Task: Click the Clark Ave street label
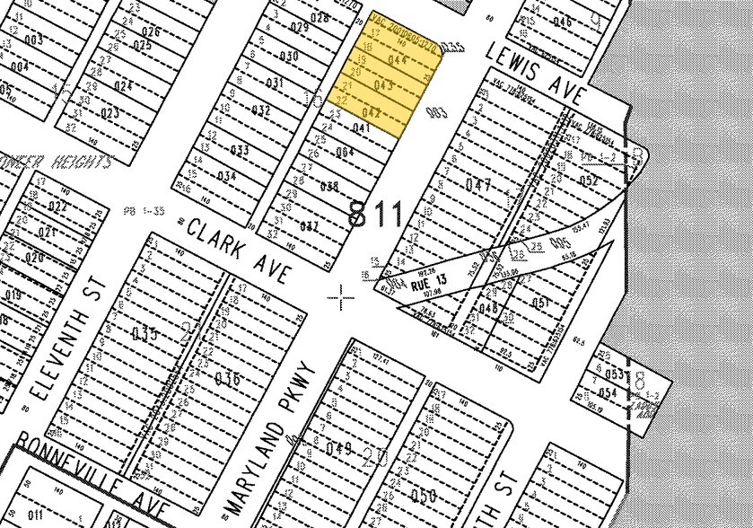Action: [238, 251]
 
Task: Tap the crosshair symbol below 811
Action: [341, 295]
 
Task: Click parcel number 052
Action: [589, 180]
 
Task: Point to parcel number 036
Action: [226, 378]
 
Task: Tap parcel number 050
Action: [423, 496]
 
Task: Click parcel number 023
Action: [109, 113]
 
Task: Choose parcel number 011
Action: [36, 515]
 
